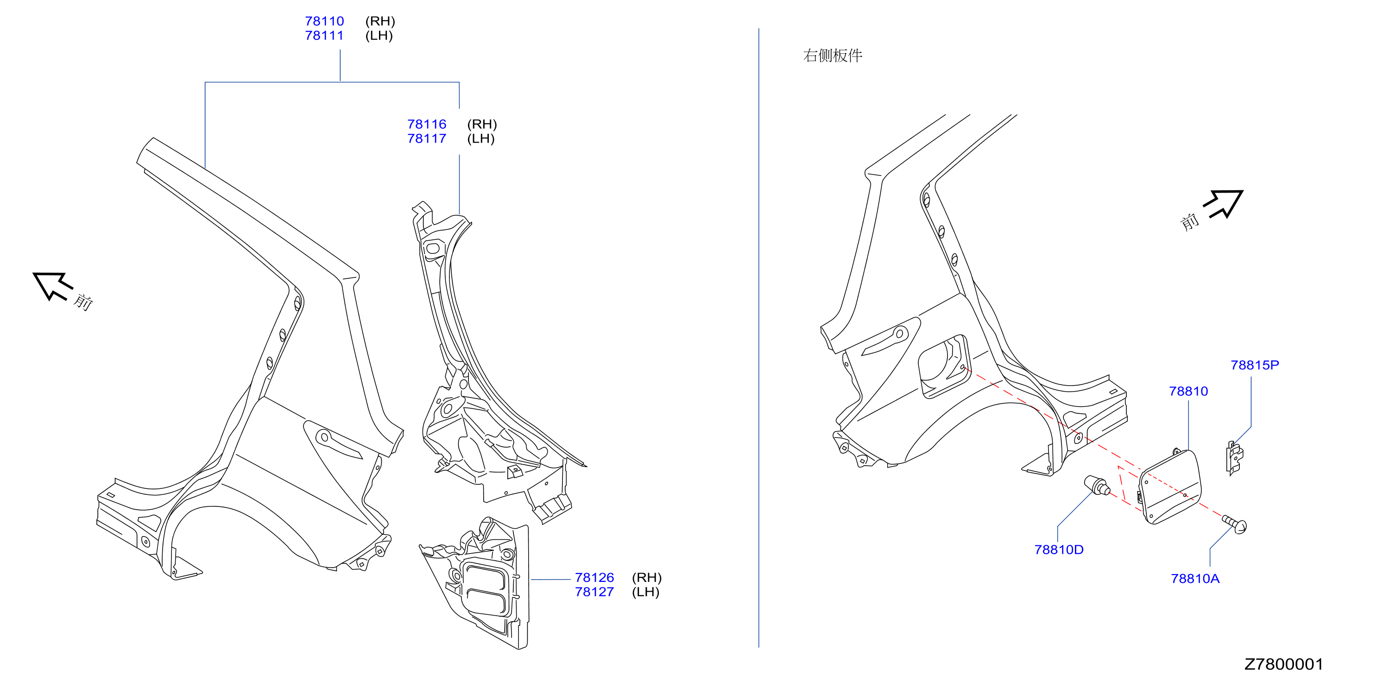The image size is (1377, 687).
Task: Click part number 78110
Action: pos(324,21)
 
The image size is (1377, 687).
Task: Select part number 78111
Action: pos(324,36)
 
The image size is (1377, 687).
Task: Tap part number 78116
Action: pos(427,125)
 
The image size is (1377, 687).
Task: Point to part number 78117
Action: pos(427,139)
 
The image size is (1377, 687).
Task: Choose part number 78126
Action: pos(594,578)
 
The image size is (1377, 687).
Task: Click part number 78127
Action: pos(594,593)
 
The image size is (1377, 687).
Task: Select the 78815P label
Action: pos(1255,365)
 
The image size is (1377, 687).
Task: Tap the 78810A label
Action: pos(1195,579)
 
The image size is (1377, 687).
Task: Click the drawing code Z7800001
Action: pos(1283,665)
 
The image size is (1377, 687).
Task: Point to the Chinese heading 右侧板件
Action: pos(833,56)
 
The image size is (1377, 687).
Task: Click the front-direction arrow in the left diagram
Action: pos(52,285)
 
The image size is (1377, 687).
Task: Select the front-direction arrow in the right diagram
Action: pos(1224,204)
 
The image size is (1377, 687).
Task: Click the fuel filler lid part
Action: pos(1171,487)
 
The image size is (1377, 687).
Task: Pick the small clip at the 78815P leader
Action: pos(1234,458)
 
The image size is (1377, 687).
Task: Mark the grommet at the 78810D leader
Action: pos(1097,485)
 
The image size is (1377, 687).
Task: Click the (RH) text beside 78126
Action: pos(647,578)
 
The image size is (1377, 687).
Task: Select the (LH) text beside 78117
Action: pos(481,139)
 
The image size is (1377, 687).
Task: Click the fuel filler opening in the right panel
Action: pos(943,367)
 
